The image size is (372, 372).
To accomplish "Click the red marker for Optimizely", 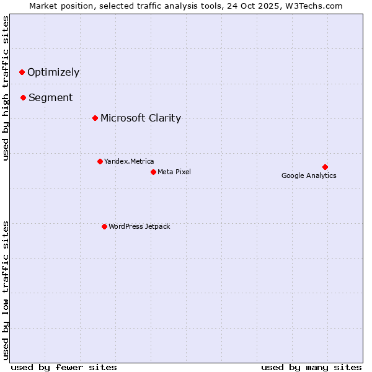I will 22,72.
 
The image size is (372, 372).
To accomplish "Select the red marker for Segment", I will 23,97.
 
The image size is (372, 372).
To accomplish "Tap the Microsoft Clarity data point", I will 95,118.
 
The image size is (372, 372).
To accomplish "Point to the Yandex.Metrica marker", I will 100,161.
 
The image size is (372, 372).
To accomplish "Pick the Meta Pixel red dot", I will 153,172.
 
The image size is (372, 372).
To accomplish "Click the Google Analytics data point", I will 325,167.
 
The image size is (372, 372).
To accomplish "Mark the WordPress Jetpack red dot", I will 104,226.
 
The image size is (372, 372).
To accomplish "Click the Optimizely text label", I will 53,72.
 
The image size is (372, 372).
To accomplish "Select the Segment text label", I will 50,97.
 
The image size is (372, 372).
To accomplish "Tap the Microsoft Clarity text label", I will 141,118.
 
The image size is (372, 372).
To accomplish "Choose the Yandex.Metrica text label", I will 129,161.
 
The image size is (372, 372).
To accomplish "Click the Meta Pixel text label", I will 174,172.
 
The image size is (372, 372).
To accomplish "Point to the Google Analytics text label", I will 309,175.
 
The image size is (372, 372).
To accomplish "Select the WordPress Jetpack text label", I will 139,226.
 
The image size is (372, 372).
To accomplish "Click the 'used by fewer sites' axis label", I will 64,367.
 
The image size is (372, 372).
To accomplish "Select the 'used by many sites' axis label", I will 311,367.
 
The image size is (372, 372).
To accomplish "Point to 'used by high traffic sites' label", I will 6,88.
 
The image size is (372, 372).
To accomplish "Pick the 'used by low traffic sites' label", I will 6,290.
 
